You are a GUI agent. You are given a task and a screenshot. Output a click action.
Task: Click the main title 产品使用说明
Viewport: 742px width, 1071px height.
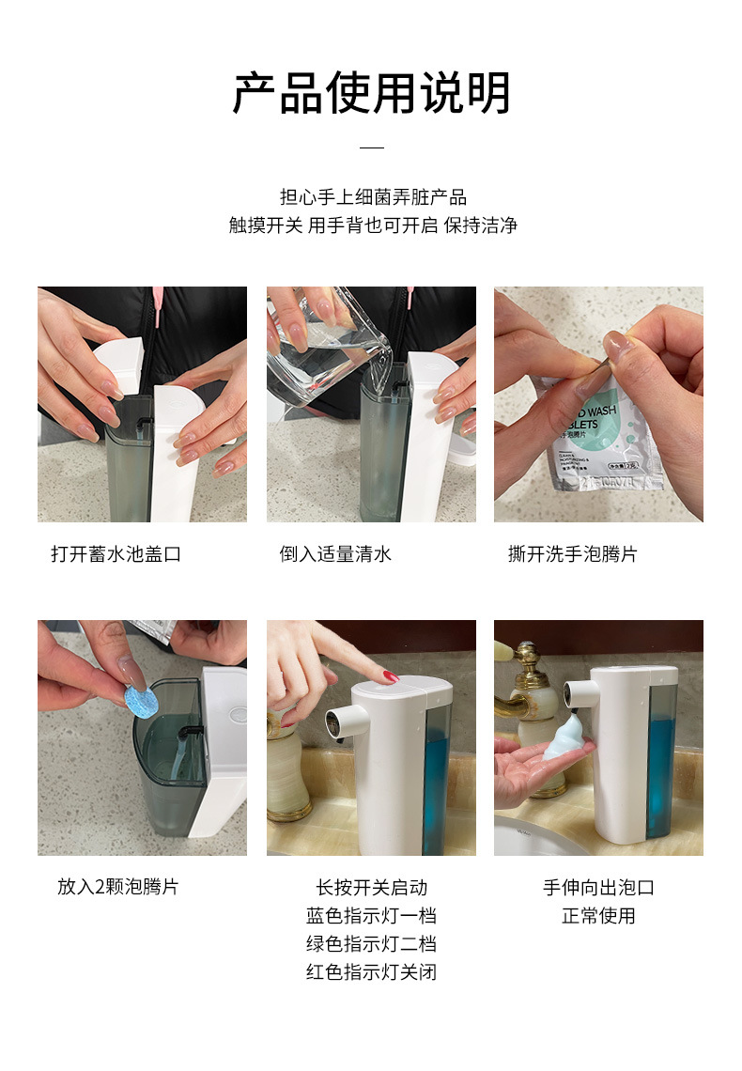[x=372, y=93]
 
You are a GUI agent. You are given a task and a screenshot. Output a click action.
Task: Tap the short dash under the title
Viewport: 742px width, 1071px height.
[x=372, y=147]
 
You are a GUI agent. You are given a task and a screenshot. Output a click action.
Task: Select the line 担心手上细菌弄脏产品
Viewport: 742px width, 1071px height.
[x=372, y=197]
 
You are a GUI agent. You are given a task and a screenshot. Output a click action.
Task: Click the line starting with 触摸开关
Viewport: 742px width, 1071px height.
[x=372, y=225]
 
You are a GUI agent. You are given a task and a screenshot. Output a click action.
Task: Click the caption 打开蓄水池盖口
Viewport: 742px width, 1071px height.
[x=116, y=554]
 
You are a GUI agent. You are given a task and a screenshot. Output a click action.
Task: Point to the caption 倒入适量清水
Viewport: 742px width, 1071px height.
[x=335, y=554]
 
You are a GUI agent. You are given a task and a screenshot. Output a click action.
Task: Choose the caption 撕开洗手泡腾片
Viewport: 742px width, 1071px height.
[x=572, y=554]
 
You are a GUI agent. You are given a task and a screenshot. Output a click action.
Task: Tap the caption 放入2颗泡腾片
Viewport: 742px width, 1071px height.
[x=117, y=887]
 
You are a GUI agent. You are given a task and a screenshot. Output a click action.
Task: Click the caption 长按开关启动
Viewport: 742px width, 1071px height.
[x=371, y=887]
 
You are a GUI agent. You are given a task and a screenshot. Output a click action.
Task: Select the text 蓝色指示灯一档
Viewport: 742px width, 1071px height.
[x=371, y=915]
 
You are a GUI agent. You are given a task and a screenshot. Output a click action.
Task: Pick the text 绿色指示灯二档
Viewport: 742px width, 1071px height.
[x=371, y=943]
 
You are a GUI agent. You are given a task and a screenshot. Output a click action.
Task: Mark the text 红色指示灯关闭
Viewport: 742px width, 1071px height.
[x=371, y=971]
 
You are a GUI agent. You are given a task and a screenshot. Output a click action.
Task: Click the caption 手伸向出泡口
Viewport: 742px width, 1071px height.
[x=598, y=887]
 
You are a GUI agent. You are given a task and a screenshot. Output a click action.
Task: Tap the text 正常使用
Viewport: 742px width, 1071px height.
[x=598, y=915]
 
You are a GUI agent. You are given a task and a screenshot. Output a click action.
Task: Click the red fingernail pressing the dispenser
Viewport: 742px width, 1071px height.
[x=389, y=676]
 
